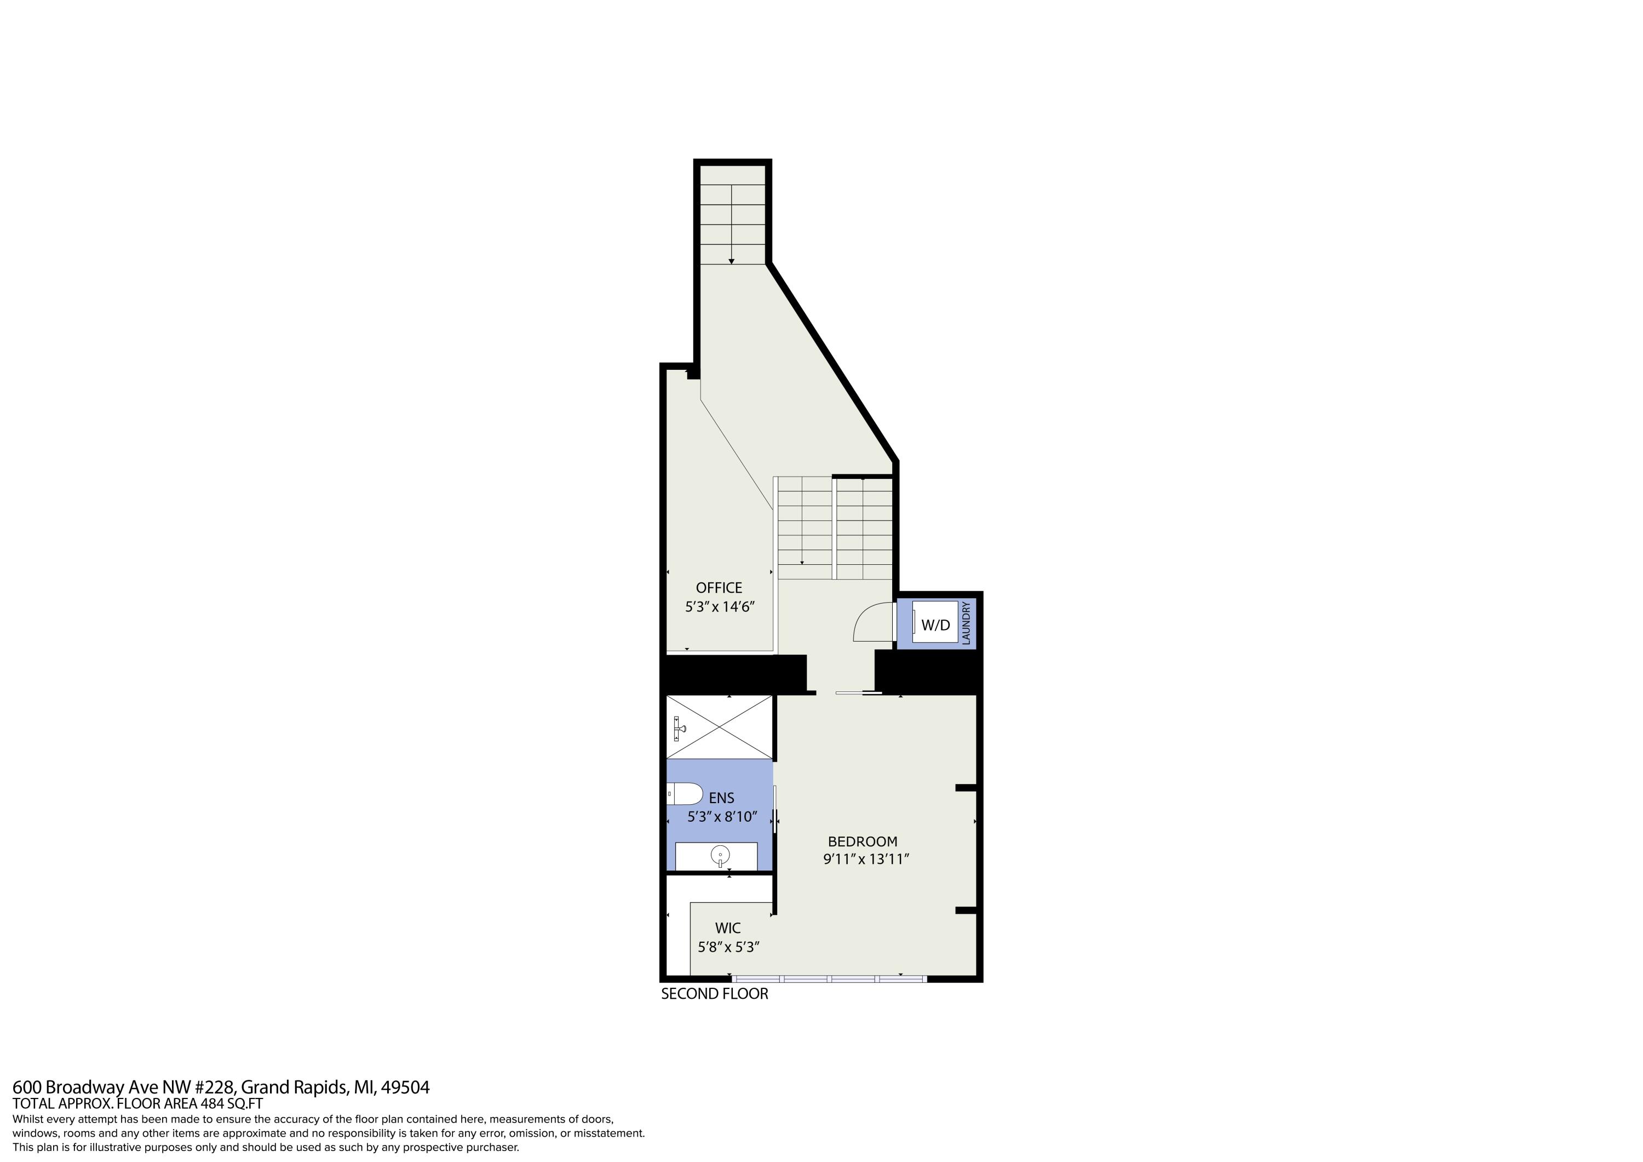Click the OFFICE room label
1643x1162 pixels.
(719, 588)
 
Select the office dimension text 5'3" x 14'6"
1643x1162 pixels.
(720, 607)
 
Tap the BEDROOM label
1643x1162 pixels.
(862, 842)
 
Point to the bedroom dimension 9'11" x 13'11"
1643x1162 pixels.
(866, 859)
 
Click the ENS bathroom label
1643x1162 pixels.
(721, 798)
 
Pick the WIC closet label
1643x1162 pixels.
(728, 928)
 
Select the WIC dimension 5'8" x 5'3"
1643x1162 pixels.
(728, 947)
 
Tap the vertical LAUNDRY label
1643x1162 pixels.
(966, 623)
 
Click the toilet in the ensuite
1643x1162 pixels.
(685, 793)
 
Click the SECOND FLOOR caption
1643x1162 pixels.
(714, 994)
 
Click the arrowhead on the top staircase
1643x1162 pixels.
(731, 261)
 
